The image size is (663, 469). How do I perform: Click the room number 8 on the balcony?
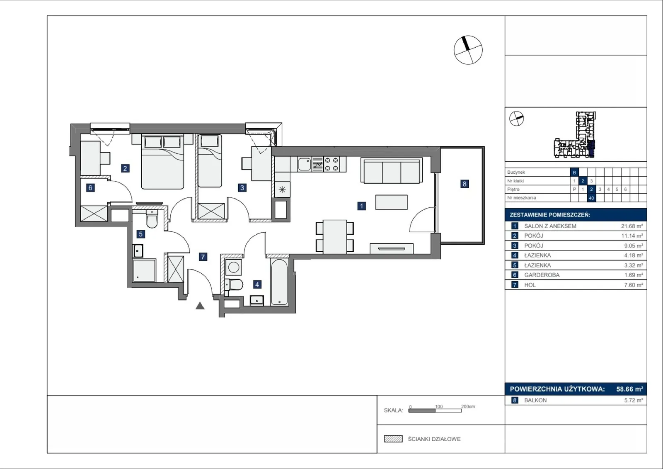tap(465, 184)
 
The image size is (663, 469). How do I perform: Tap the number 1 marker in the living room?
tap(361, 206)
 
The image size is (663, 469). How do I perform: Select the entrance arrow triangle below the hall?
tap(200, 306)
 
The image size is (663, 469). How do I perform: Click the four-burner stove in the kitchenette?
tap(331, 164)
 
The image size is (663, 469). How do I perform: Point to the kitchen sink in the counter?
tap(305, 164)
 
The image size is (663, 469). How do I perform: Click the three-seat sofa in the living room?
tap(392, 170)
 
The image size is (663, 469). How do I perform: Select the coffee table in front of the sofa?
tap(392, 202)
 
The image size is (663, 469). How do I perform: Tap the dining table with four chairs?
tap(335, 237)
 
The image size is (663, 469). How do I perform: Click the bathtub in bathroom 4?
tap(279, 282)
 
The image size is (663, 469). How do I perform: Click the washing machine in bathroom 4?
tap(233, 267)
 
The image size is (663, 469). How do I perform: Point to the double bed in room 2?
tap(162, 161)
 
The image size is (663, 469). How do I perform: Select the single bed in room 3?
tap(210, 161)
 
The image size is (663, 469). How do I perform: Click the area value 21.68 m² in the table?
tap(632, 226)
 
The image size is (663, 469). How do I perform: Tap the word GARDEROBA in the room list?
tap(542, 275)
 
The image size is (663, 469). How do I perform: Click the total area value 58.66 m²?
tap(629, 389)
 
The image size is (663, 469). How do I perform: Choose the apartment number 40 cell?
tap(591, 198)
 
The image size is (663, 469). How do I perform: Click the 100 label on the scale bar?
tap(439, 406)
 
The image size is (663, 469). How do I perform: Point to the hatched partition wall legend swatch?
tap(393, 439)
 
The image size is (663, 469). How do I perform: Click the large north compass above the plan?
tap(468, 50)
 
